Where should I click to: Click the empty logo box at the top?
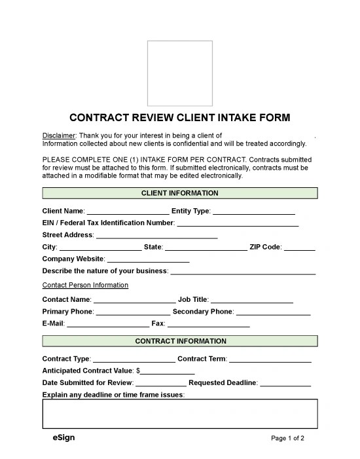[179, 69]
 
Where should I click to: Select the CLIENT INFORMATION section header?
[180, 193]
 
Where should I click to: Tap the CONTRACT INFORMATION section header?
[180, 341]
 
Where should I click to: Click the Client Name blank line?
[127, 212]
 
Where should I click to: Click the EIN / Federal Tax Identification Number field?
[238, 224]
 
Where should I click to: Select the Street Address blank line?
[156, 236]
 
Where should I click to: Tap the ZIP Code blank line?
[300, 248]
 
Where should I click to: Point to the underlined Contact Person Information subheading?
[85, 285]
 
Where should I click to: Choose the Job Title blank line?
[251, 301]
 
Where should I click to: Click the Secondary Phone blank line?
[273, 312]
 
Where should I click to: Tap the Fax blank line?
[208, 324]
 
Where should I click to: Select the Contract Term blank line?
[270, 359]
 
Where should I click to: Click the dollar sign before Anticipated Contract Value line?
[138, 371]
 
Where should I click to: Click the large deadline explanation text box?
[180, 413]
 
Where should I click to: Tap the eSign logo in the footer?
[63, 437]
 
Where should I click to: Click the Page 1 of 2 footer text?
[287, 438]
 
